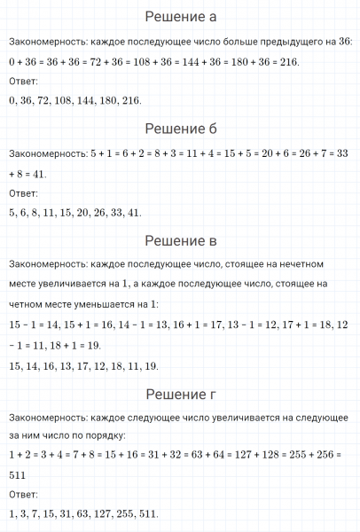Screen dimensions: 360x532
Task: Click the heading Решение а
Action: (x=180, y=18)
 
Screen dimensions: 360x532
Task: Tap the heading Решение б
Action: (x=180, y=129)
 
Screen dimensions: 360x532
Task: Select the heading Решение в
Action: (x=180, y=241)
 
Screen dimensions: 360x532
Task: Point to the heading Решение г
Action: (x=180, y=394)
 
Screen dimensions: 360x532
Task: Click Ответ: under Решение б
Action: (x=17, y=193)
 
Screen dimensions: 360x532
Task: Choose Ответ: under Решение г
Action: (x=17, y=495)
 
